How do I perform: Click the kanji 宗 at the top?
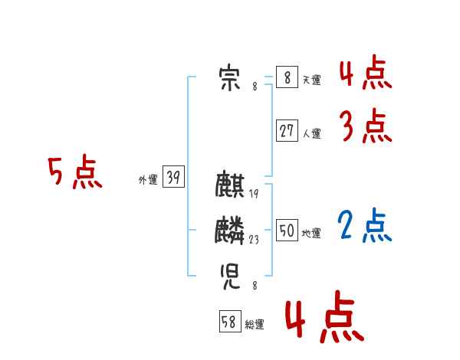click(x=229, y=79)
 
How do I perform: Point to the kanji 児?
click(x=229, y=273)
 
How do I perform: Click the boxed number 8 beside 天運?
click(x=287, y=77)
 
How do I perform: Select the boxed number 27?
click(x=287, y=131)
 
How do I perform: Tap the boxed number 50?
click(x=287, y=231)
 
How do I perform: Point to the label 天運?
click(x=311, y=80)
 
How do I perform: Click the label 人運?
click(x=311, y=133)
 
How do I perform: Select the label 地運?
click(x=311, y=233)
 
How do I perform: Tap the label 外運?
click(x=148, y=180)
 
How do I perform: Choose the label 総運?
click(x=255, y=325)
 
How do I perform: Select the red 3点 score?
click(x=366, y=126)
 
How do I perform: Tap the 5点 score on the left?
click(x=74, y=172)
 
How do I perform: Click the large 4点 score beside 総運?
click(x=324, y=318)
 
